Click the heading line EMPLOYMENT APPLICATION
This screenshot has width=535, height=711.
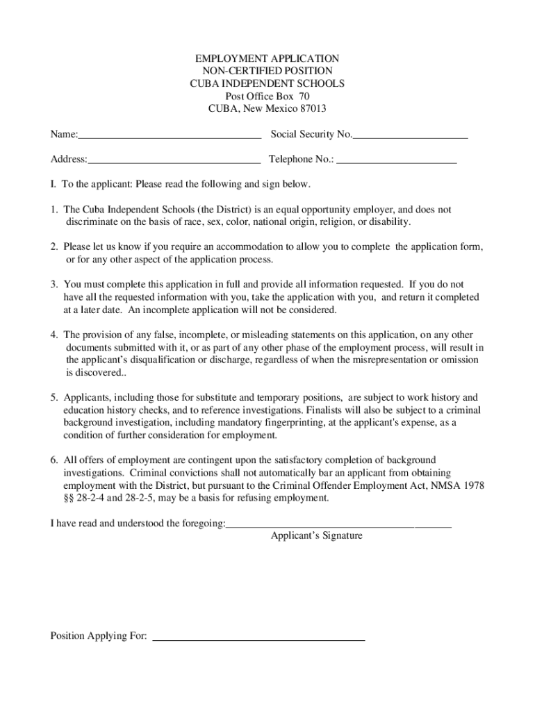[x=267, y=58]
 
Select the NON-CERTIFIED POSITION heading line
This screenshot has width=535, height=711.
[x=267, y=71]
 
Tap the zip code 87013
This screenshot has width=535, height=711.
[x=311, y=108]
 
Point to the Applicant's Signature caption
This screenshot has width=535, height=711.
[x=316, y=536]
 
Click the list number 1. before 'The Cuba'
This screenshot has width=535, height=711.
[x=53, y=210]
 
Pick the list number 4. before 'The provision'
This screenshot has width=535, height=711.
[x=53, y=335]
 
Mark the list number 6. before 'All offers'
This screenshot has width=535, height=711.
[x=53, y=460]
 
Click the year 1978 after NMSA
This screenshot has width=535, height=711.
[x=473, y=485]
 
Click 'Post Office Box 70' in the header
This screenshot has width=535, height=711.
[x=267, y=96]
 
